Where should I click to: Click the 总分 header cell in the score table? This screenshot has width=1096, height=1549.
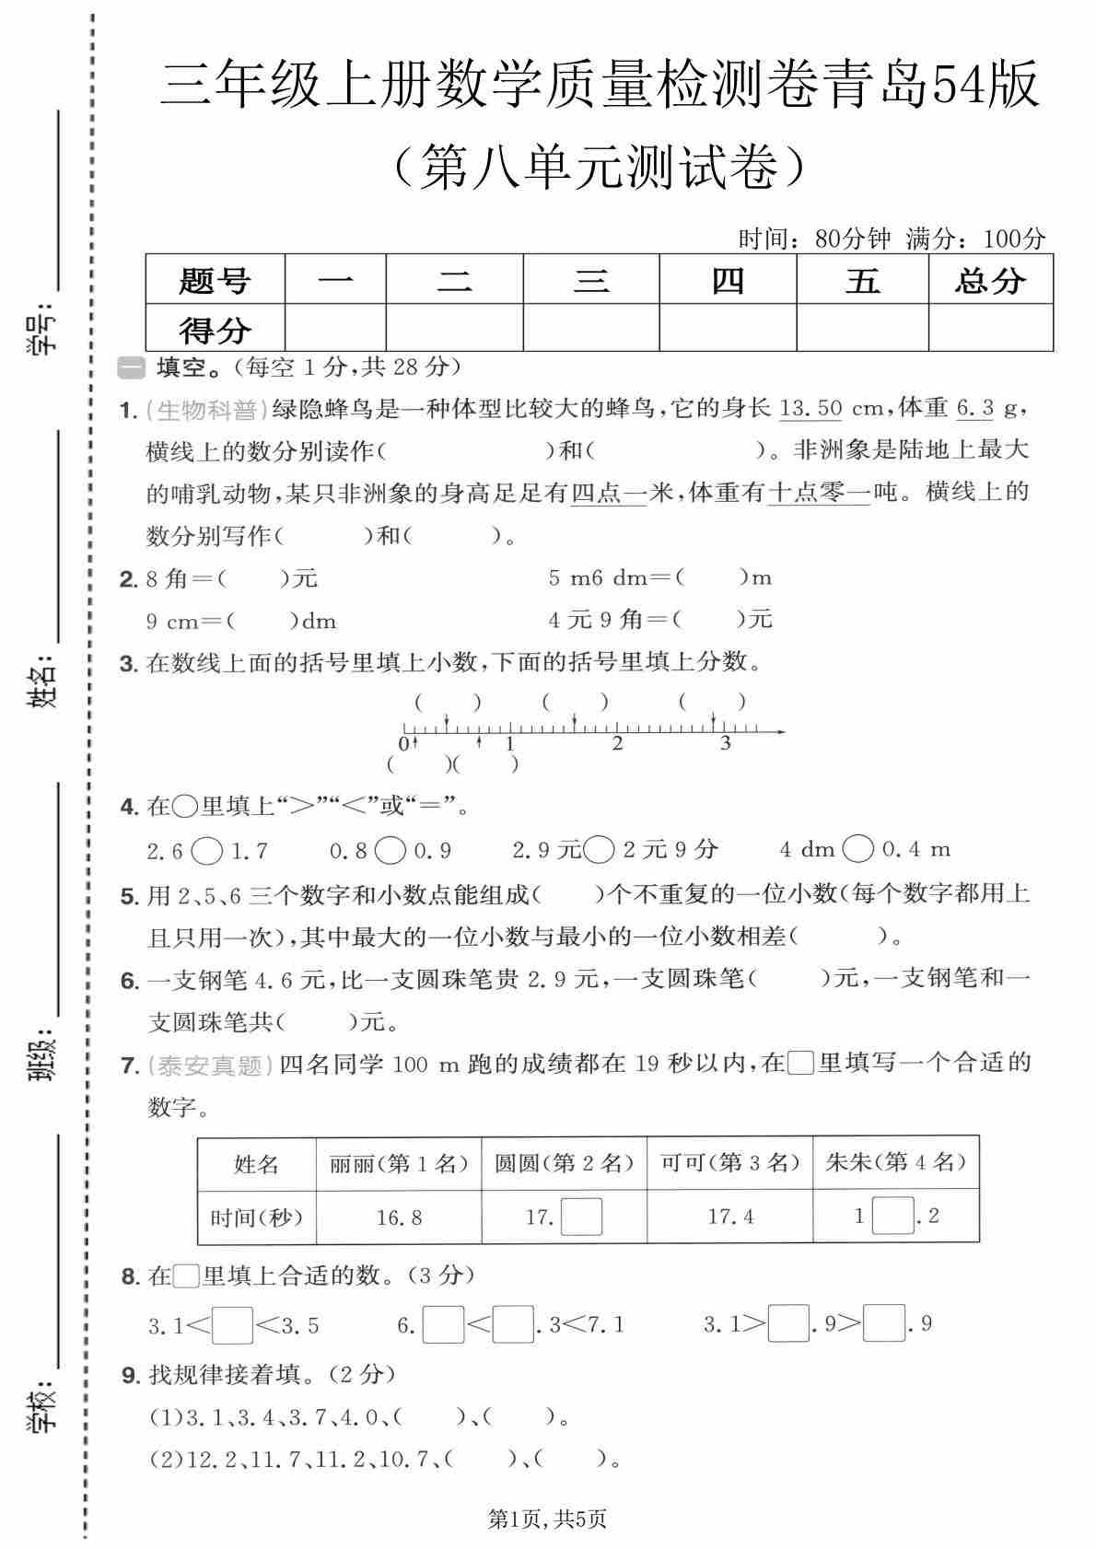click(x=990, y=280)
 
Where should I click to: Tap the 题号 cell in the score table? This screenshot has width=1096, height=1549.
click(x=215, y=280)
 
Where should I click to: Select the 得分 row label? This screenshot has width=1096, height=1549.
click(x=215, y=329)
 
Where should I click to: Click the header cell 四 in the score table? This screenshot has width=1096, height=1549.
click(x=728, y=280)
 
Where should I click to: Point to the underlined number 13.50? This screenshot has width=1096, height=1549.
click(x=810, y=408)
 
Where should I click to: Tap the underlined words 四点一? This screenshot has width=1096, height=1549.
click(x=609, y=493)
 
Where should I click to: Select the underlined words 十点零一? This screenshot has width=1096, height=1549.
click(x=819, y=493)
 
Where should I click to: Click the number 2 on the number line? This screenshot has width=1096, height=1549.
click(x=617, y=744)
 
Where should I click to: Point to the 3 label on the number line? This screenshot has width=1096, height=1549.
click(x=726, y=744)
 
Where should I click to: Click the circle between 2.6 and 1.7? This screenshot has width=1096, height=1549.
click(x=207, y=850)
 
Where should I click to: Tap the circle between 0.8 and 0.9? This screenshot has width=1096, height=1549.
click(x=391, y=850)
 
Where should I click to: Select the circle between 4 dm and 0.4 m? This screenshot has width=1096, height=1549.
click(x=857, y=849)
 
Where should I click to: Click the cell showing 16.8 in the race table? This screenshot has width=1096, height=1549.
click(x=399, y=1217)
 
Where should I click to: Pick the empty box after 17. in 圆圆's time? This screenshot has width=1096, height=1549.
click(x=581, y=1217)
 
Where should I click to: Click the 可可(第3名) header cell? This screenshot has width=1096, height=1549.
click(x=729, y=1163)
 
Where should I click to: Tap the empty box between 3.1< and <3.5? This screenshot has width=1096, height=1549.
click(x=232, y=1325)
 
